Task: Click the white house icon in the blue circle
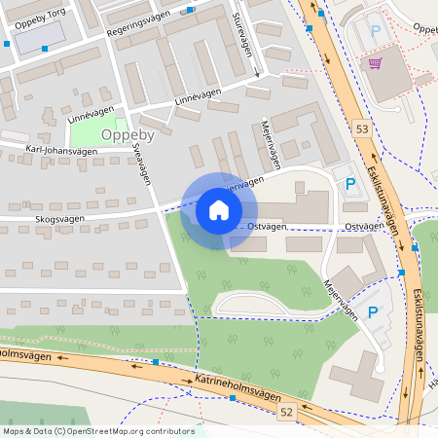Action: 219,209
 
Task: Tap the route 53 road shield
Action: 362,129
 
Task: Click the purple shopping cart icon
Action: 376,63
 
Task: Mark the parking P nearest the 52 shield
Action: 373,313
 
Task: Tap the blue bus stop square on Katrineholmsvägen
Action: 156,363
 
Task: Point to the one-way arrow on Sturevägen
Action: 256,71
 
